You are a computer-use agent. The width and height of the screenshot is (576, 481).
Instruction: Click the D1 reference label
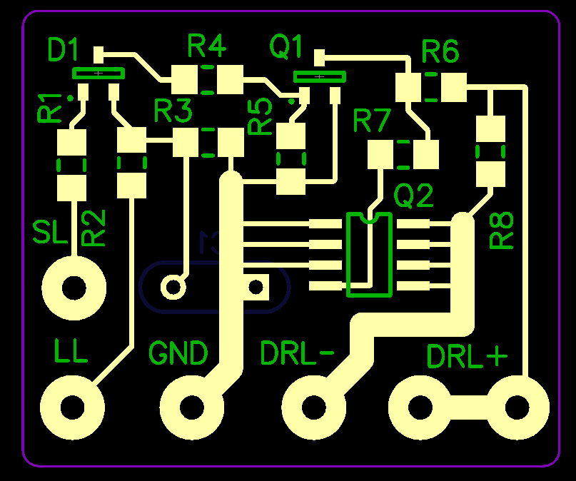click(63, 51)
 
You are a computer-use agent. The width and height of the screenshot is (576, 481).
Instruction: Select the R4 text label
click(207, 47)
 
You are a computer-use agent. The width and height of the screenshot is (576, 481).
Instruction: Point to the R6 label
click(440, 51)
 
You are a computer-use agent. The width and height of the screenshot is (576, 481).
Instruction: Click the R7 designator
click(372, 123)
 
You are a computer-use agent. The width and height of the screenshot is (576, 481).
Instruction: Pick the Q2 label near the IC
click(414, 195)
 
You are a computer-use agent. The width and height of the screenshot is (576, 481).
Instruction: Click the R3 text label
click(173, 111)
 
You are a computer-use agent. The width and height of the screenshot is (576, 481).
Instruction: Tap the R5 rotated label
click(261, 116)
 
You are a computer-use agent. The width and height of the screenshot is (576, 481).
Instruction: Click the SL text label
click(49, 233)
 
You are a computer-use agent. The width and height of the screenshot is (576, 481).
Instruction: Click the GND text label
click(178, 353)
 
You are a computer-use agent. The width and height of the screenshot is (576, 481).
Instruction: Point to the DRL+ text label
click(467, 356)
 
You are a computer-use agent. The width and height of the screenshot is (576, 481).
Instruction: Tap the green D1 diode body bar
click(98, 73)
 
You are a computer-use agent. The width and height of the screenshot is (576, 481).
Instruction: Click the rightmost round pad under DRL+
click(518, 407)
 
